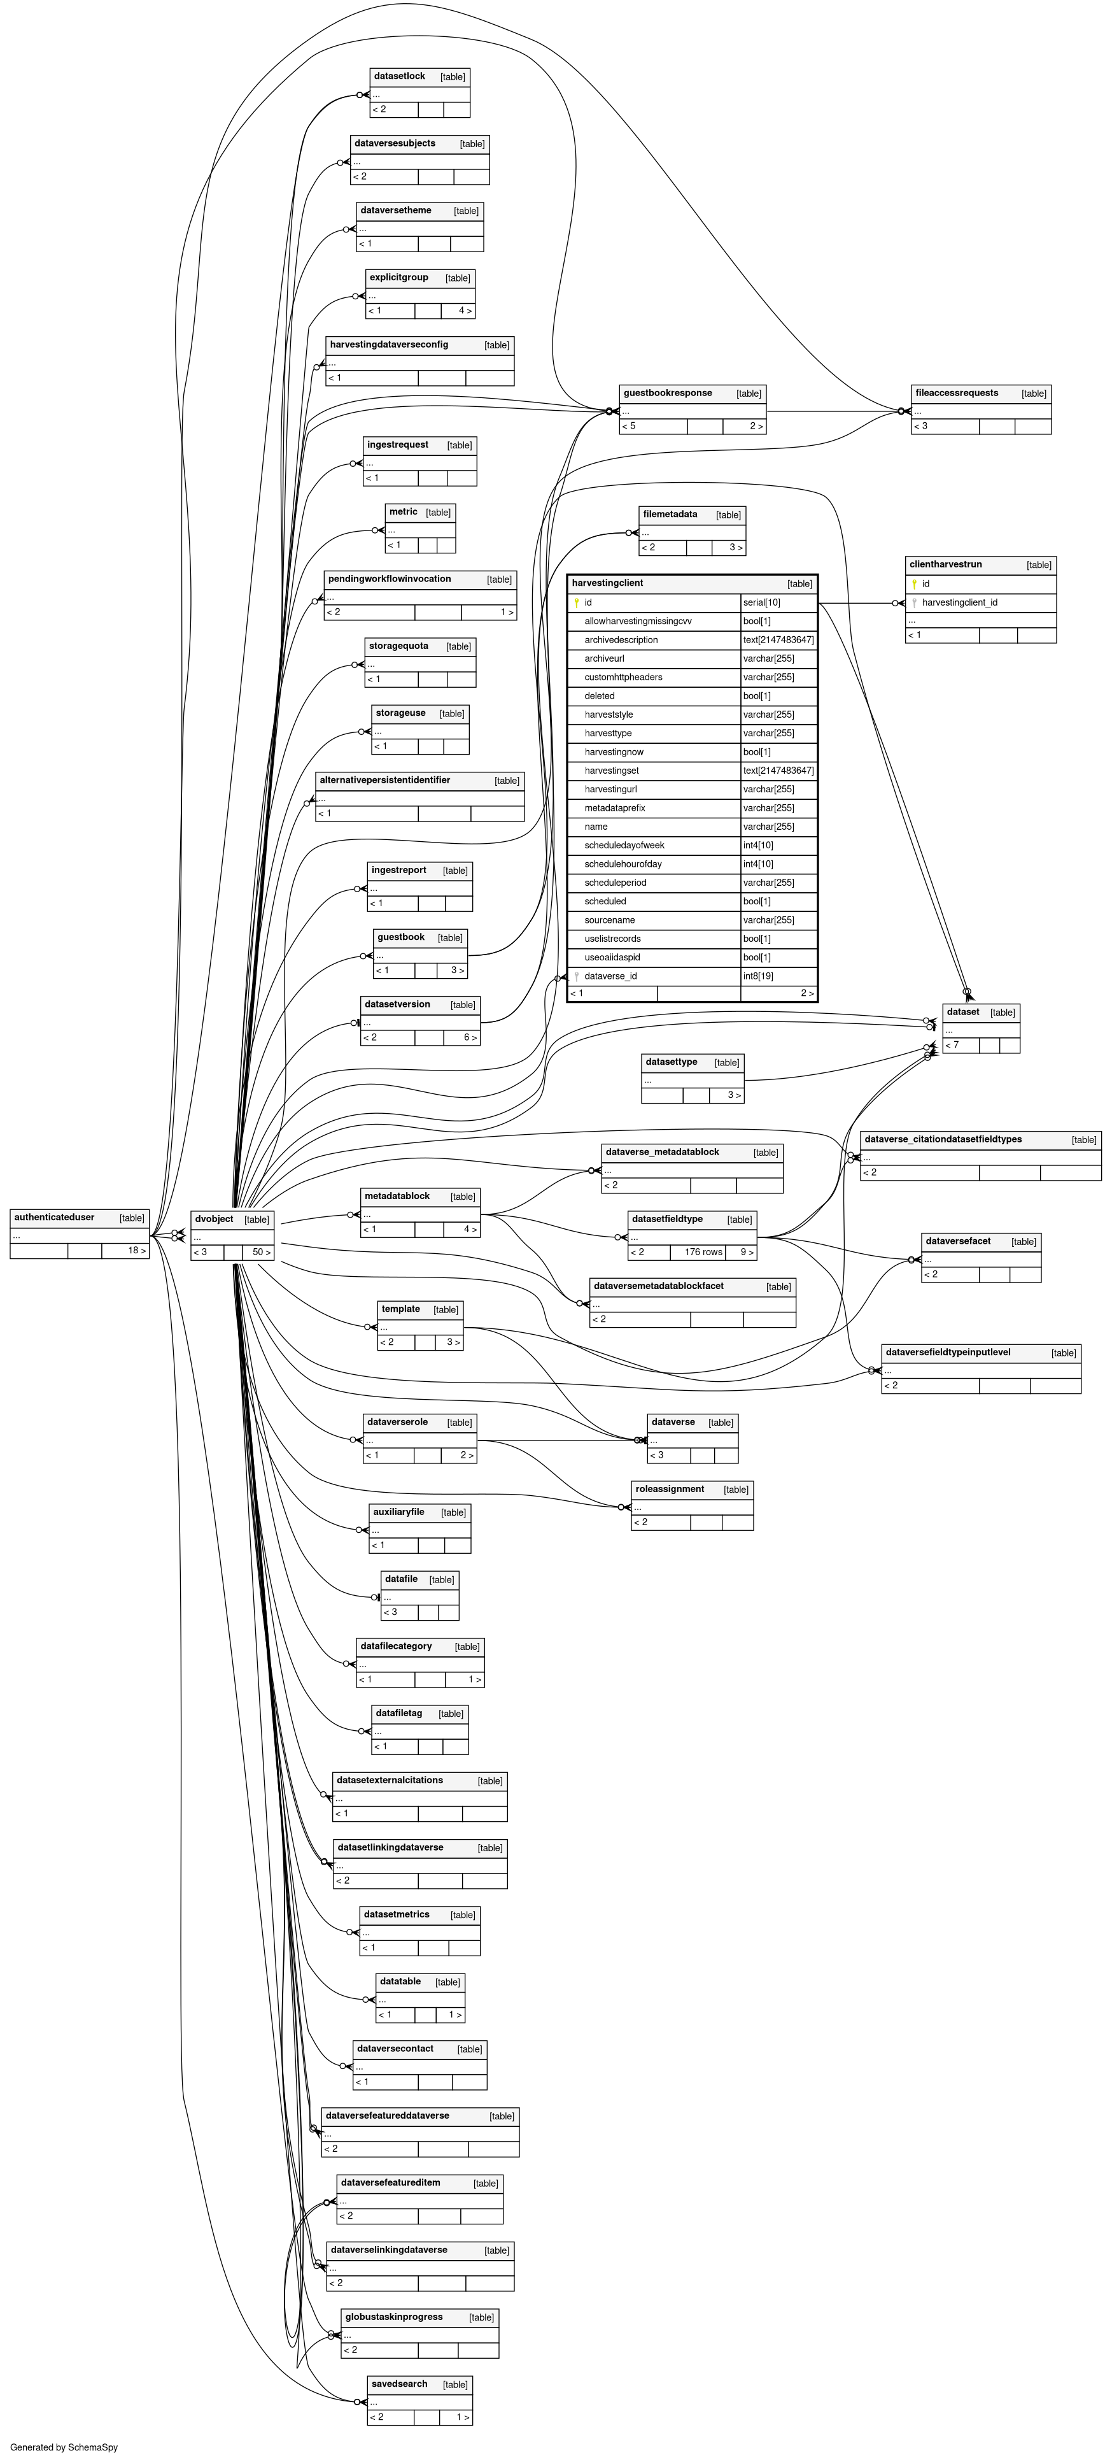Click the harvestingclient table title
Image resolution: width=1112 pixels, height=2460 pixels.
tap(608, 583)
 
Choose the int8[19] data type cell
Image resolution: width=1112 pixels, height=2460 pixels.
tap(759, 976)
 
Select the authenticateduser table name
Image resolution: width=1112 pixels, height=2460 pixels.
tap(54, 1218)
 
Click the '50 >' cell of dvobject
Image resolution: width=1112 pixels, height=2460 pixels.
tap(260, 1252)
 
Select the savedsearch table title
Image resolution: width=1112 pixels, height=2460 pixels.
tap(399, 2384)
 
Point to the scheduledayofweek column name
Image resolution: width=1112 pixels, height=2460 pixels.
tap(624, 845)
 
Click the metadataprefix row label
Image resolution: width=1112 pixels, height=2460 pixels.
tap(615, 808)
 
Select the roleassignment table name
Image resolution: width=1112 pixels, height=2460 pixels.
tap(669, 1489)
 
